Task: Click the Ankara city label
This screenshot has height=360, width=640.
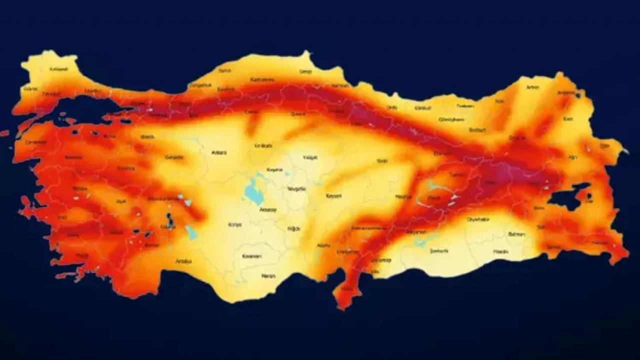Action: [x=219, y=152]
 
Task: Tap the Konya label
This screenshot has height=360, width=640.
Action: [x=234, y=224]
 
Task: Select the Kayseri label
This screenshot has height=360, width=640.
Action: [x=333, y=196]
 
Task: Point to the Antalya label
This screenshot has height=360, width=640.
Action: [x=183, y=261]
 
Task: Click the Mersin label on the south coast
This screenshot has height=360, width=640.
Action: [x=269, y=275]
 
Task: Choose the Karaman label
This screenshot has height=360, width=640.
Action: [x=252, y=256]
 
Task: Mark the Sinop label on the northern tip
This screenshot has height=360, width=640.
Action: [x=305, y=71]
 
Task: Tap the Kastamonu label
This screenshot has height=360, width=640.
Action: [x=262, y=79]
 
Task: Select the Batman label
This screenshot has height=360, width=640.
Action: [x=516, y=234]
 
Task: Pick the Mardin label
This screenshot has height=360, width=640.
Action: [x=500, y=251]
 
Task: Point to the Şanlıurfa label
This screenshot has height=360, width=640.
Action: [x=439, y=250]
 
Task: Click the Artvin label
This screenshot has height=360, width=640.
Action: [x=532, y=87]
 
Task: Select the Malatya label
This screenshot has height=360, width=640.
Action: [x=403, y=196]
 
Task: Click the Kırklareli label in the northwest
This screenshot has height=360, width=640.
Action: [x=58, y=69]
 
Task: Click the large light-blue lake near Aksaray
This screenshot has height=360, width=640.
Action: [x=254, y=192]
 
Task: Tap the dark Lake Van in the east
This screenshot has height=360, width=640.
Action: [x=567, y=196]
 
